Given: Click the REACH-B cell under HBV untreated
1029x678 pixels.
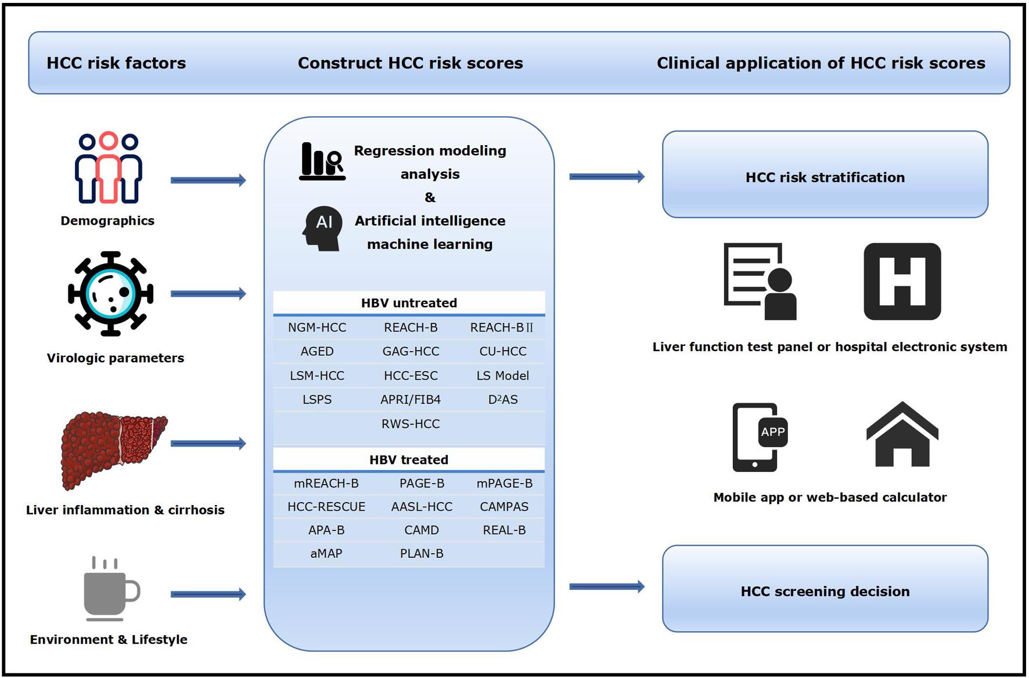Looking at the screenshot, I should click(x=411, y=327).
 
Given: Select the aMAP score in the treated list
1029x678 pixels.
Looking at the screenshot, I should click(x=326, y=553).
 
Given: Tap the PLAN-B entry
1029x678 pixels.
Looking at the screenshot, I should click(x=422, y=553).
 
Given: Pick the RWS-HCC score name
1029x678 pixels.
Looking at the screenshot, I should click(x=411, y=424).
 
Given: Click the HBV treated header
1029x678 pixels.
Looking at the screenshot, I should click(x=409, y=459).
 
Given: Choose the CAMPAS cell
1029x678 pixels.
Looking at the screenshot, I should click(x=504, y=506).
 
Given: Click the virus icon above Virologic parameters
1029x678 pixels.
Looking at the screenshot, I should click(x=110, y=294).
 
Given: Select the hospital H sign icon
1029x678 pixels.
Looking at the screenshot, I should click(x=902, y=282).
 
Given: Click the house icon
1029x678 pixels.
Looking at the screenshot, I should click(x=902, y=435).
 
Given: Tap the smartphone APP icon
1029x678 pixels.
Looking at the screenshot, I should click(x=758, y=437).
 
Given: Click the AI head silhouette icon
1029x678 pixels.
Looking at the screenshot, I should click(x=322, y=228).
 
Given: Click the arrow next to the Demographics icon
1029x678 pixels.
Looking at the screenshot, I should click(x=208, y=180).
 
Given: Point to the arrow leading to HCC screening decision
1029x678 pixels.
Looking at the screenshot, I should click(x=606, y=586).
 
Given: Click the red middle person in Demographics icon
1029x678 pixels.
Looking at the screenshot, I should click(x=109, y=168).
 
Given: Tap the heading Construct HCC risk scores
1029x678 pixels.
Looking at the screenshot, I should click(x=410, y=63).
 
